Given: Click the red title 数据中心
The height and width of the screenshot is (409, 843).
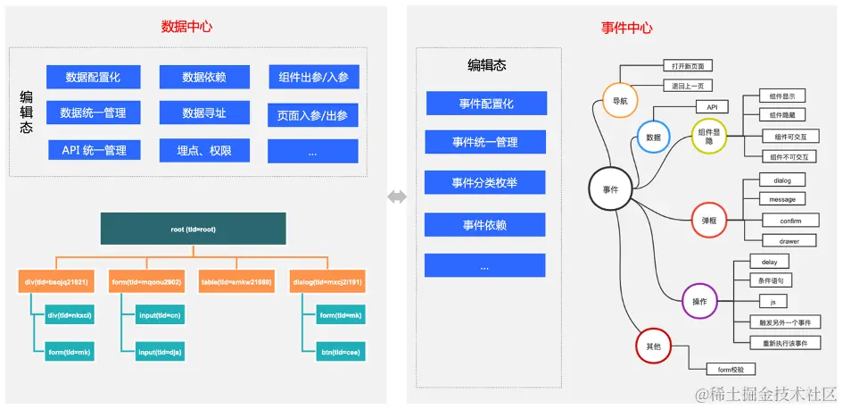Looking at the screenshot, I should point(186,27).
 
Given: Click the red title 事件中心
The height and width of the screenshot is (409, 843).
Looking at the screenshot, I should point(626,28).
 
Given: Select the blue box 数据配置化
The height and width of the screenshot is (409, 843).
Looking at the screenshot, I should point(93,78).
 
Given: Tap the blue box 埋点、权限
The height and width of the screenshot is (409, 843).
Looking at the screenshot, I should point(204,151).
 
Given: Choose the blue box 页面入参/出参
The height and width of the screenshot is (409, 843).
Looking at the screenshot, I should point(312,115).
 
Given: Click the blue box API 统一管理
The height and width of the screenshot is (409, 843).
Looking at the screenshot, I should point(94,151).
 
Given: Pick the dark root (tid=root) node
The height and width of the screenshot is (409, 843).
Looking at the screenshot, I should point(193,230).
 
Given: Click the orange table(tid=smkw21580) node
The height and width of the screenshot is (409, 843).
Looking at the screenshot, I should point(236,282).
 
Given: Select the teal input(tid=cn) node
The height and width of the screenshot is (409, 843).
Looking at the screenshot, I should point(160,315).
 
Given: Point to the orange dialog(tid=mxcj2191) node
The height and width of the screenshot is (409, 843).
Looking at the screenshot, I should point(327,282).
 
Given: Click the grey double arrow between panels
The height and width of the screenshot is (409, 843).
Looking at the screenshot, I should point(397,197).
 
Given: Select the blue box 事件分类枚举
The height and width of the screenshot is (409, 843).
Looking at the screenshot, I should point(484,184).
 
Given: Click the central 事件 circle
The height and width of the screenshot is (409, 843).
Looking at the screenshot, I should point(610,189).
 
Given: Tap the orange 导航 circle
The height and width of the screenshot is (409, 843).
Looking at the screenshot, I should point(620,101).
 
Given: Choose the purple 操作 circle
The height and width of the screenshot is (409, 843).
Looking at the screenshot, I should point(699,302).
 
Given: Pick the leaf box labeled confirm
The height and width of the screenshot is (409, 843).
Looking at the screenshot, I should point(789,221).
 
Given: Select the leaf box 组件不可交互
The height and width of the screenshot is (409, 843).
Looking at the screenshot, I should point(789,157).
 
